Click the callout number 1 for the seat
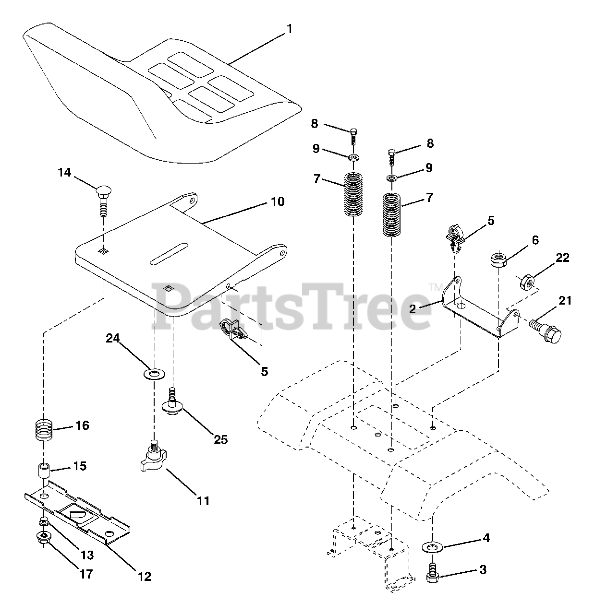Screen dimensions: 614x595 (289, 29)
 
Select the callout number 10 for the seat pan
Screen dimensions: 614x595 (278, 201)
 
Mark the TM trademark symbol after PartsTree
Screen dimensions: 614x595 (436, 287)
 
